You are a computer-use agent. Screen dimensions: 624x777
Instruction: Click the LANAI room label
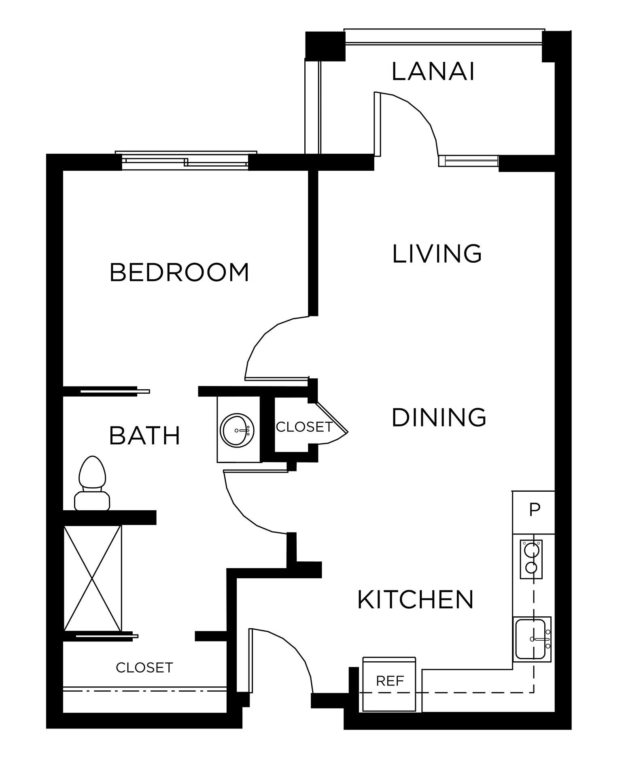tap(433, 72)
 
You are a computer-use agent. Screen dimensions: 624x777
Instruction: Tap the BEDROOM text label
tap(179, 272)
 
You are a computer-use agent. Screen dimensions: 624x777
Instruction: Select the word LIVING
tap(437, 254)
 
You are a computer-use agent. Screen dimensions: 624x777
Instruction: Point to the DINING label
tap(439, 417)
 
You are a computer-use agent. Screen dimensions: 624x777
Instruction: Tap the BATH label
tap(144, 435)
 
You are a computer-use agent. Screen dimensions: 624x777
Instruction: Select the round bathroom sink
tap(237, 430)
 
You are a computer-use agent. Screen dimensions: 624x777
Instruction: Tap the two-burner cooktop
tap(531, 559)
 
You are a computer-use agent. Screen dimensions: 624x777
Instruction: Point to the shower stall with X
tap(93, 578)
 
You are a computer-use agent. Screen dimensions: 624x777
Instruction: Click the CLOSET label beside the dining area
tap(304, 427)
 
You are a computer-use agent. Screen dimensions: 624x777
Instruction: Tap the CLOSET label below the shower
tap(144, 667)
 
